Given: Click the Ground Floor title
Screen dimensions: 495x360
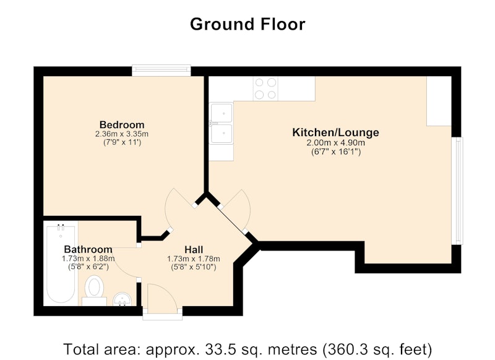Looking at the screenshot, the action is click(x=247, y=24).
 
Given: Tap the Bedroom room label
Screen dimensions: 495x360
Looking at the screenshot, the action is click(x=122, y=124).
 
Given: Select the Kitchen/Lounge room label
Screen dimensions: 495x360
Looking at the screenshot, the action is click(x=335, y=132).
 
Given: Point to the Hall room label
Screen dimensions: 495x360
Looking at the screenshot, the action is click(x=194, y=250).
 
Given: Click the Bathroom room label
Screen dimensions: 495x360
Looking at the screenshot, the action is click(x=88, y=249).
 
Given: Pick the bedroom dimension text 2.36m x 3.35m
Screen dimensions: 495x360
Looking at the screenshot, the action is click(x=122, y=134).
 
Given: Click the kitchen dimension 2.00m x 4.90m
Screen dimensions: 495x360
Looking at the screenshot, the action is click(x=335, y=143).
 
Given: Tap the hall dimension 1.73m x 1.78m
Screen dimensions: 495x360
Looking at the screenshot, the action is click(x=194, y=259).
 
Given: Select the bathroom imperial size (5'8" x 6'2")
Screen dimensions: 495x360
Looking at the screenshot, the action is click(x=88, y=267).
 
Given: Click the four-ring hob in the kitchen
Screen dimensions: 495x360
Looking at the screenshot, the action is click(x=265, y=88).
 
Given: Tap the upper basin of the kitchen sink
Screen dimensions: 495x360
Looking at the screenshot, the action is click(x=222, y=113).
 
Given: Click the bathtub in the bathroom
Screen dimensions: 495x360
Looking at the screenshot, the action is click(x=61, y=263).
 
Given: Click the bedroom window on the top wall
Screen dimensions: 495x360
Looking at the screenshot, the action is click(x=161, y=70).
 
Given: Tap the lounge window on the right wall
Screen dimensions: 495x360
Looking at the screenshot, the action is click(x=457, y=191).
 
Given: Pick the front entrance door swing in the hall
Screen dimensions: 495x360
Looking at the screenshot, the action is click(x=163, y=299).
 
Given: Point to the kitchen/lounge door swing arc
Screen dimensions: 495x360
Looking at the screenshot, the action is click(x=239, y=208).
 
